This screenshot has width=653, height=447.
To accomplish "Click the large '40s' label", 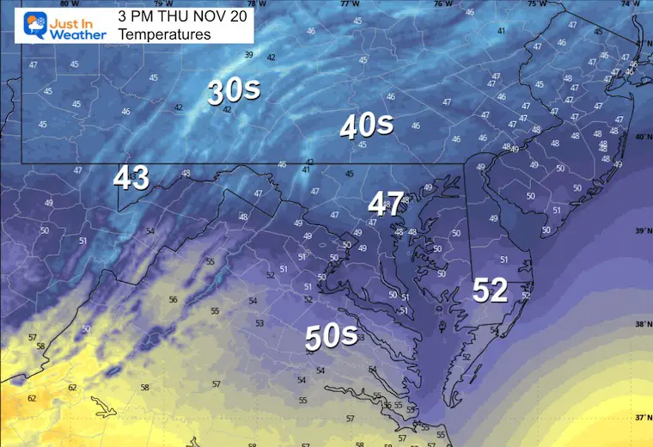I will [366, 126].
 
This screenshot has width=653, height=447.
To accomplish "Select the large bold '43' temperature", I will [131, 178].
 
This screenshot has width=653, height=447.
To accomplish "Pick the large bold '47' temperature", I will [386, 204].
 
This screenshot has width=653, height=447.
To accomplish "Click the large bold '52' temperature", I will [491, 291].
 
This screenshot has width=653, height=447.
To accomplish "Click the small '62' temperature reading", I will [33, 398].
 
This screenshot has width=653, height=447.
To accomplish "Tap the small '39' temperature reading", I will [249, 55].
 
